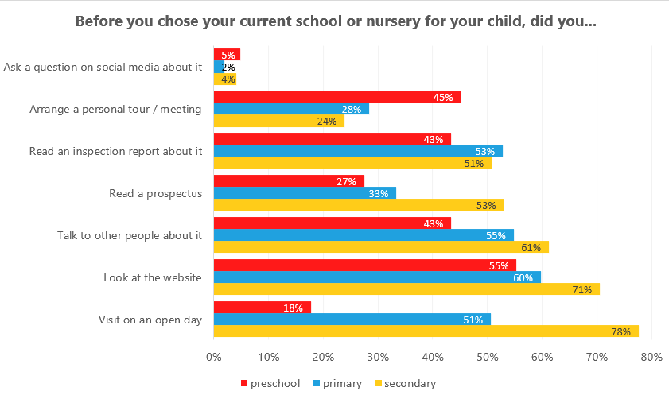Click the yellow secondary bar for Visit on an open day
(x=426, y=331)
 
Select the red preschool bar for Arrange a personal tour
(x=336, y=97)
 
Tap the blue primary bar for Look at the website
(x=377, y=277)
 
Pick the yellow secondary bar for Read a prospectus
(x=358, y=205)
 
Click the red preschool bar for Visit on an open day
(x=262, y=308)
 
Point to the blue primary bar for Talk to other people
(x=364, y=235)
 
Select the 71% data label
(x=582, y=290)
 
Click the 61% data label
(x=531, y=248)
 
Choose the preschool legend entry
(x=270, y=384)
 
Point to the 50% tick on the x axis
(x=487, y=358)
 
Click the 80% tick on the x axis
(x=651, y=358)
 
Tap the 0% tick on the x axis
(x=213, y=358)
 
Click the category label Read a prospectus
(x=155, y=193)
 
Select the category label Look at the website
(x=153, y=277)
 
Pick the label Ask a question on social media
(x=103, y=67)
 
